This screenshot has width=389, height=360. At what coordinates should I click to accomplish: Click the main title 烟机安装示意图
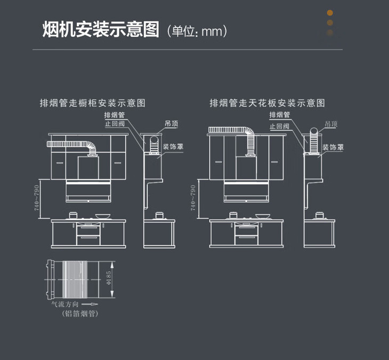pyautogui.click(x=101, y=30)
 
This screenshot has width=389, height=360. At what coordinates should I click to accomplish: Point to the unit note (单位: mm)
pyautogui.click(x=197, y=31)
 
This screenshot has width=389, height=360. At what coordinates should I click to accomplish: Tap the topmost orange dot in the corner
pyautogui.click(x=330, y=13)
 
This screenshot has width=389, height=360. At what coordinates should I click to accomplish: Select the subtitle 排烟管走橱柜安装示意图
pyautogui.click(x=93, y=103)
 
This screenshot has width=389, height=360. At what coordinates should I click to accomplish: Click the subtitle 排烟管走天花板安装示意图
pyautogui.click(x=268, y=103)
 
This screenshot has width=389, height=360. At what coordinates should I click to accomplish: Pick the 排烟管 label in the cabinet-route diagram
pyautogui.click(x=115, y=115)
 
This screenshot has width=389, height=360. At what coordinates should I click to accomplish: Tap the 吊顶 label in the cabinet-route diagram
pyautogui.click(x=171, y=124)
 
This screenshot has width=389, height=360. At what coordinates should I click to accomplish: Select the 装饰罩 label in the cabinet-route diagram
pyautogui.click(x=174, y=146)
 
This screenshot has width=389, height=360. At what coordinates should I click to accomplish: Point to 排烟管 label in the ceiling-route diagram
pyautogui.click(x=280, y=115)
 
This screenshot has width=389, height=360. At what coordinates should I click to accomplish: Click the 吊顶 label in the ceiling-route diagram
pyautogui.click(x=331, y=124)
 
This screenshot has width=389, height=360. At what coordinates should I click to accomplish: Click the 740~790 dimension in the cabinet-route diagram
pyautogui.click(x=37, y=198)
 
